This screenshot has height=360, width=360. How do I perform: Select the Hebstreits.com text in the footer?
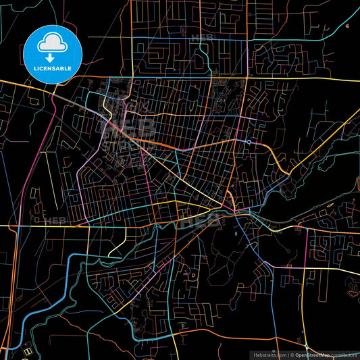coord(269,354)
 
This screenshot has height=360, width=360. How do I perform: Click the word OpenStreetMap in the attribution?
coord(315,354)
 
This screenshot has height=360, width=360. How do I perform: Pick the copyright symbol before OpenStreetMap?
coord(292,354)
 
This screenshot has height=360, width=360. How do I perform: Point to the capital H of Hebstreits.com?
coord(254,354)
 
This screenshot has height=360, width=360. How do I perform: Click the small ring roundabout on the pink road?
coord(249,142)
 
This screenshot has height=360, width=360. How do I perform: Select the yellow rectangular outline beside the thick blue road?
coord(28,351)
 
